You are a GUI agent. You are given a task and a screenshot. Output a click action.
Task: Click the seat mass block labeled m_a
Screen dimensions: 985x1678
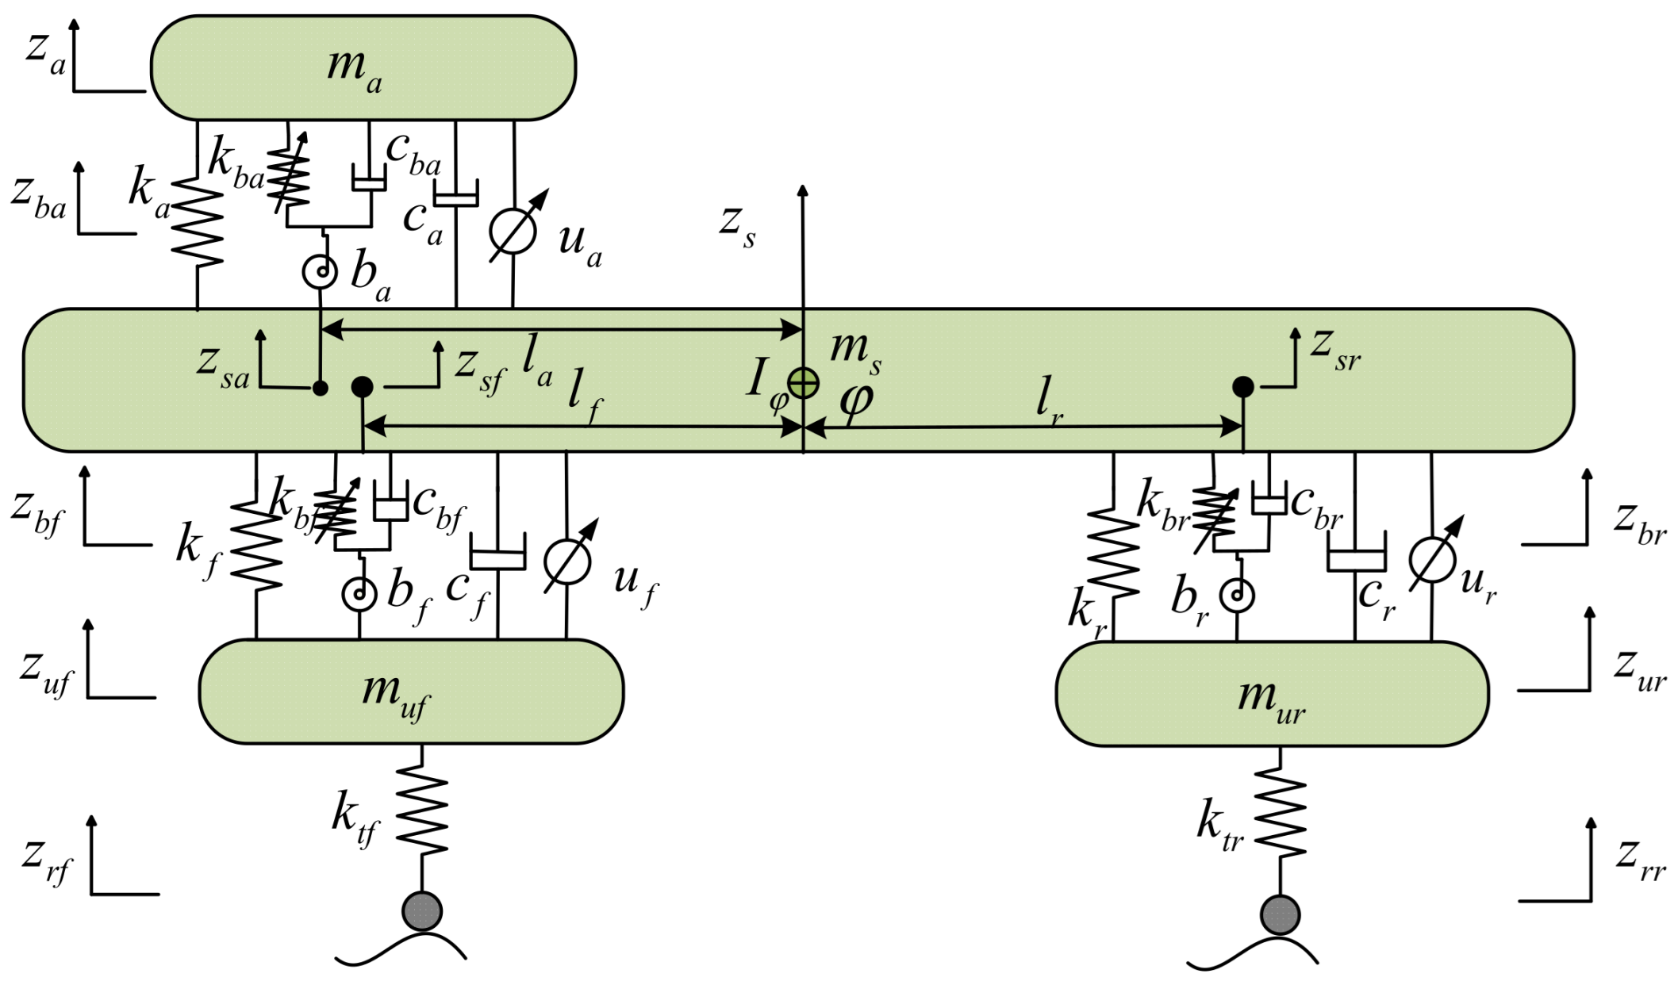pyautogui.click(x=363, y=68)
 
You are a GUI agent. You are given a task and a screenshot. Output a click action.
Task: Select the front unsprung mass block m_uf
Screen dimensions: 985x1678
pyautogui.click(x=410, y=692)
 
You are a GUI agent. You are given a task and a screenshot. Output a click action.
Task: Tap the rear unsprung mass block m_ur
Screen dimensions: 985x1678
pyautogui.click(x=1271, y=694)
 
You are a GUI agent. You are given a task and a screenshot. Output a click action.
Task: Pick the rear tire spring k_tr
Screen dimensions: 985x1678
pyautogui.click(x=1280, y=812)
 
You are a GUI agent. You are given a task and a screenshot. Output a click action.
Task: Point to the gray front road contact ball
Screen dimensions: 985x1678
pyautogui.click(x=422, y=910)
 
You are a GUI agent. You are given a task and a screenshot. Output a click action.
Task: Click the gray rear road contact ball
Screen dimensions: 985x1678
pyautogui.click(x=1280, y=914)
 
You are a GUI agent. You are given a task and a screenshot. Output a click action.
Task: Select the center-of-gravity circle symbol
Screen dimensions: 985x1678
pyautogui.click(x=804, y=383)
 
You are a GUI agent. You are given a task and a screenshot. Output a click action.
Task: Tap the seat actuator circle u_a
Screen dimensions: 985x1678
pyautogui.click(x=513, y=231)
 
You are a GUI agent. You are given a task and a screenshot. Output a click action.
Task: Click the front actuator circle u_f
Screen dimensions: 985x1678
pyautogui.click(x=567, y=561)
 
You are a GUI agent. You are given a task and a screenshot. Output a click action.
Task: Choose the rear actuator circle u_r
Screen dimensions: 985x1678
pyautogui.click(x=1432, y=560)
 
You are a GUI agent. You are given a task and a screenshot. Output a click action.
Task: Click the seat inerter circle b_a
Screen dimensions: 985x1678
pyautogui.click(x=321, y=272)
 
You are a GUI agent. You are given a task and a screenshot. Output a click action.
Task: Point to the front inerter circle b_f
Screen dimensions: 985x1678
pyautogui.click(x=359, y=593)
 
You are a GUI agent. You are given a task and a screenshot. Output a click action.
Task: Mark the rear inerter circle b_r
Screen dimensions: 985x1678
pyautogui.click(x=1237, y=595)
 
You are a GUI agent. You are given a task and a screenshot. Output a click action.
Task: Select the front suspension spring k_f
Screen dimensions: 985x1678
pyautogui.click(x=256, y=546)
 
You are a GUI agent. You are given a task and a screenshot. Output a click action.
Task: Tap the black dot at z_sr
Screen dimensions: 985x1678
pyautogui.click(x=1242, y=387)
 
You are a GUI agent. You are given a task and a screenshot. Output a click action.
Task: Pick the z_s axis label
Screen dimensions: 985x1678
pyautogui.click(x=737, y=225)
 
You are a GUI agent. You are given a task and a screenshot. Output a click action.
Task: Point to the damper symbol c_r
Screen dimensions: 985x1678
pyautogui.click(x=1356, y=558)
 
